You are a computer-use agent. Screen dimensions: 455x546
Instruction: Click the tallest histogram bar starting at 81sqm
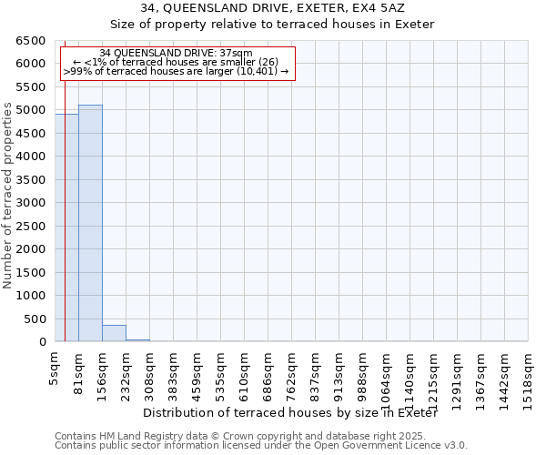[x=90, y=223]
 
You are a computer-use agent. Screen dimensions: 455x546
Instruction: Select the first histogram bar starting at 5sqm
[x=66, y=227]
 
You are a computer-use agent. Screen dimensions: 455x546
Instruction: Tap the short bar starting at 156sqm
[x=114, y=333]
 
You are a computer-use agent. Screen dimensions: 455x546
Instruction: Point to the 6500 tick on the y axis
[x=31, y=41]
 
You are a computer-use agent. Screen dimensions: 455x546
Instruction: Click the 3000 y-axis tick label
[x=31, y=203]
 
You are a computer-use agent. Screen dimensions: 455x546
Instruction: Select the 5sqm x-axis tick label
[x=55, y=369]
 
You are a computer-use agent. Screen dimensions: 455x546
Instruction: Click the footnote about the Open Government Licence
[x=261, y=446]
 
